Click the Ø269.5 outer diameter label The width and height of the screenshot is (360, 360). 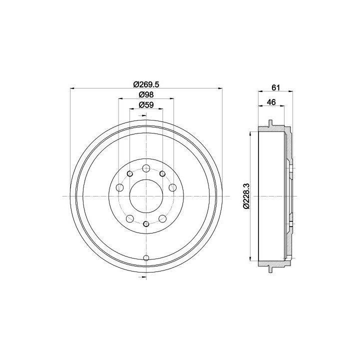click(x=146, y=84)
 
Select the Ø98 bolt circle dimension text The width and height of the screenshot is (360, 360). click(x=146, y=94)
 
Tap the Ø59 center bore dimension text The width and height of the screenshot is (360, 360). click(x=146, y=105)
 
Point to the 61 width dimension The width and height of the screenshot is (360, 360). click(x=275, y=87)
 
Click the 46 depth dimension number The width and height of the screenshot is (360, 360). click(x=271, y=102)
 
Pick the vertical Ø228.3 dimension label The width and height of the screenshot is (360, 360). click(x=246, y=196)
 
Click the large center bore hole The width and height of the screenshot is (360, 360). click(x=146, y=196)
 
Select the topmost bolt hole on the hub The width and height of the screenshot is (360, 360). click(x=146, y=168)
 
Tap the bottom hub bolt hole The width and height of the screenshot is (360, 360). click(x=146, y=224)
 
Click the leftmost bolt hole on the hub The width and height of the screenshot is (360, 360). click(x=120, y=187)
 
